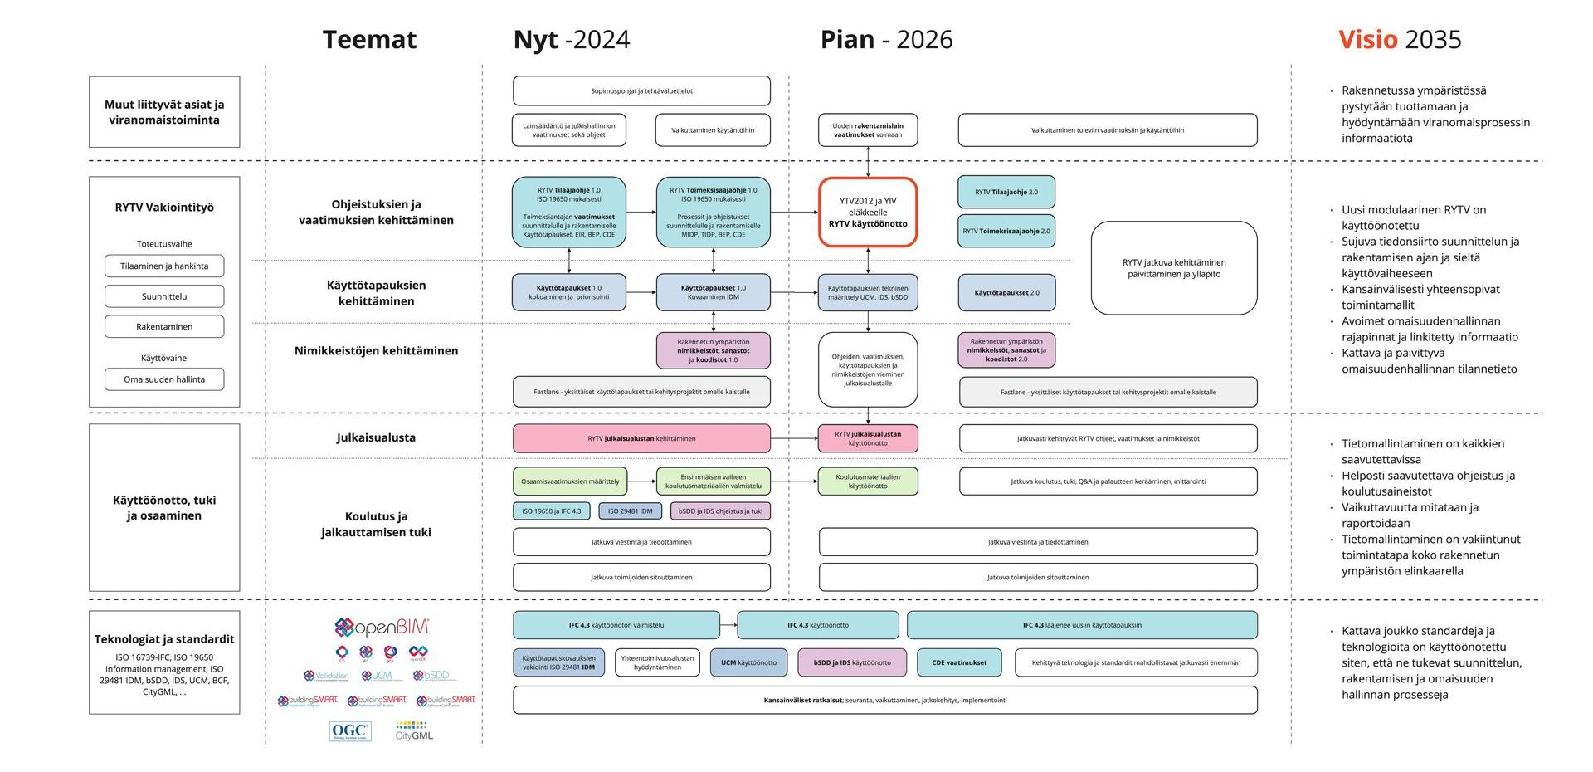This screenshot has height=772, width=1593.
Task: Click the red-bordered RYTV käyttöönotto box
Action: coord(868,213)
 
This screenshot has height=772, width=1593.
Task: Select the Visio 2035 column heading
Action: coord(1400,39)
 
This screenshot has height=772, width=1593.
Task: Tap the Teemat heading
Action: coord(369,39)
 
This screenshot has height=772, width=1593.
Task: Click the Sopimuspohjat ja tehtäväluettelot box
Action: coord(641,90)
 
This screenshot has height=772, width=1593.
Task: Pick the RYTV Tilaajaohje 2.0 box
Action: coord(1006,192)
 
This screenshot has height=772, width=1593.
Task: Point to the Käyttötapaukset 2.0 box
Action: coord(1006,292)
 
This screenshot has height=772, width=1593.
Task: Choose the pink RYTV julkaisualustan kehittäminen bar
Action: coord(641,438)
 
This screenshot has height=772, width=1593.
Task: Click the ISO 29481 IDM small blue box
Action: coord(631,511)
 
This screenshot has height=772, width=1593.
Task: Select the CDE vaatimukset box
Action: coord(959,662)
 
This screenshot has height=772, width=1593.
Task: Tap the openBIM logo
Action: coord(382,628)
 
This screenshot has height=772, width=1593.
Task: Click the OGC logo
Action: coord(350,731)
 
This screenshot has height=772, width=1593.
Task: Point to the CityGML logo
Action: coord(414,731)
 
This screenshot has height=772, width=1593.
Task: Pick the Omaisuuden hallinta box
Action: coord(164,379)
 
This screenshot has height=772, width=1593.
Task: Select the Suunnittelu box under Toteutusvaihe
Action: coord(164,296)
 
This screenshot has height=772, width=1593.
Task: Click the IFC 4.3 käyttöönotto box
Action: coord(817,625)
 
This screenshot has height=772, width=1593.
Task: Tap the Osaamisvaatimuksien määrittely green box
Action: coord(570,481)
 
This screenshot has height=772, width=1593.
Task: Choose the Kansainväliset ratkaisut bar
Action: coord(884,700)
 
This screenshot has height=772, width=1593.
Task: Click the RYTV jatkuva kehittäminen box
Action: coord(1173,268)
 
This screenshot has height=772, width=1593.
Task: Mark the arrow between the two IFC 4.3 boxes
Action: coord(728,625)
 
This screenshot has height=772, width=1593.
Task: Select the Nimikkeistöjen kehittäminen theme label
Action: coord(376,350)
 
